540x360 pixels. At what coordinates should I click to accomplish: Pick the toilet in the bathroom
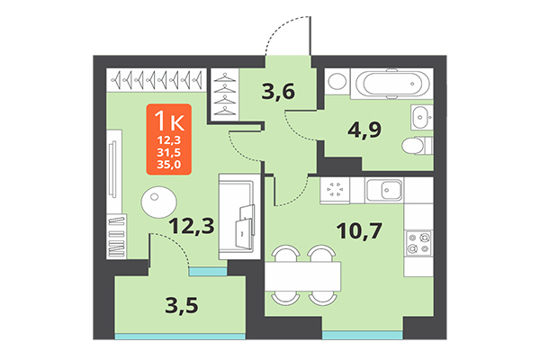pos(418,145)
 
